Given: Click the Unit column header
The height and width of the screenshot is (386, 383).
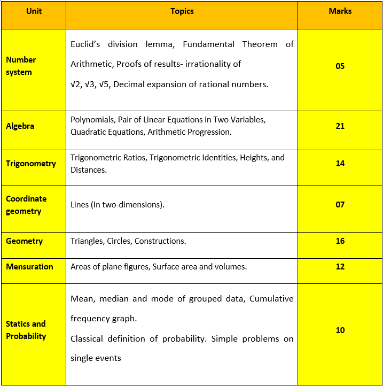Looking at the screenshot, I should pyautogui.click(x=34, y=11).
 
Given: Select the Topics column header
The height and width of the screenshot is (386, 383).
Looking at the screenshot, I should pyautogui.click(x=182, y=11).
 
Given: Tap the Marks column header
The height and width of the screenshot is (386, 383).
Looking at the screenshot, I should pyautogui.click(x=340, y=11).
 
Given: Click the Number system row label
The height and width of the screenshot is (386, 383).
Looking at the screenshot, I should pyautogui.click(x=21, y=66).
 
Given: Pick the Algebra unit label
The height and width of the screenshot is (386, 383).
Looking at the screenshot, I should pyautogui.click(x=20, y=126).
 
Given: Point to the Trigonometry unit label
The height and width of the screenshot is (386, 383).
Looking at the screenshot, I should pyautogui.click(x=31, y=164).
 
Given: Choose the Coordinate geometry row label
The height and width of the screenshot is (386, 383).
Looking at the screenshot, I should pyautogui.click(x=26, y=205).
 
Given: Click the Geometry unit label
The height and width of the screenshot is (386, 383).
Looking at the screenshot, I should pyautogui.click(x=24, y=241).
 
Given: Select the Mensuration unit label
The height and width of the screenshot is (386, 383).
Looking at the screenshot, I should pyautogui.click(x=29, y=267).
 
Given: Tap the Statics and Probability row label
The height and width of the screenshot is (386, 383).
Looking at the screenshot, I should pyautogui.click(x=26, y=330).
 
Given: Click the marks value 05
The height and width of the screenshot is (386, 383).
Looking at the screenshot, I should pyautogui.click(x=340, y=66).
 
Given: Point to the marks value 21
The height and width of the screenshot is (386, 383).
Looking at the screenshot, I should pyautogui.click(x=340, y=126).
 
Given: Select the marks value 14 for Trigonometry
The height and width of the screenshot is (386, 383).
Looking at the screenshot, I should pyautogui.click(x=340, y=164).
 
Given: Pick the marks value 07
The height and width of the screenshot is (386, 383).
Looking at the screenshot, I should pyautogui.click(x=340, y=205).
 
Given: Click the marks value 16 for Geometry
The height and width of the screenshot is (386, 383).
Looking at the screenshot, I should pyautogui.click(x=340, y=241).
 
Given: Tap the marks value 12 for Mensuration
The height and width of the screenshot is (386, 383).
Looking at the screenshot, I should pyautogui.click(x=340, y=267).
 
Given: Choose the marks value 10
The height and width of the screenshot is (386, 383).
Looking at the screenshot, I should pyautogui.click(x=340, y=330).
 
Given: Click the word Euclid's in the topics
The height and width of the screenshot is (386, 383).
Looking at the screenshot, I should pyautogui.click(x=87, y=44).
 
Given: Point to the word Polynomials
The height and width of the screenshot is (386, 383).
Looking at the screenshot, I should pyautogui.click(x=90, y=120).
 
